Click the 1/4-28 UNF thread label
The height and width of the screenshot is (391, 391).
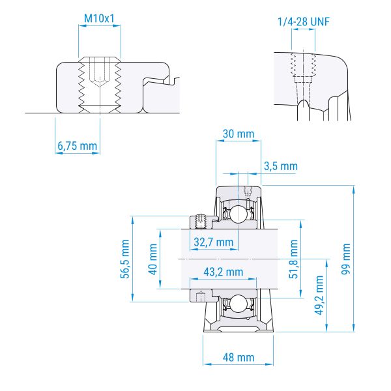(304, 22)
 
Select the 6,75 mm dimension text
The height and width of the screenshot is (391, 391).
(76, 146)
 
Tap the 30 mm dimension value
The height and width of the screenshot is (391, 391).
(237, 134)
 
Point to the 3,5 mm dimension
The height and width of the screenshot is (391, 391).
(280, 167)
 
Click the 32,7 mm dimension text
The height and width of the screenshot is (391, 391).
(214, 242)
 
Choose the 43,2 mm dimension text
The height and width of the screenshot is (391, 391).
(224, 271)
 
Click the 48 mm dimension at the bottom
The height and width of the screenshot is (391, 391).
(239, 357)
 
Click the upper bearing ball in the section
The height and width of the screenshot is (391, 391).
(239, 213)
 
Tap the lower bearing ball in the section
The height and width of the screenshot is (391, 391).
(239, 304)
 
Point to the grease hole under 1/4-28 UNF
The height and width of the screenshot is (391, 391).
(304, 72)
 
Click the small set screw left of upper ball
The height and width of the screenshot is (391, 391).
(201, 220)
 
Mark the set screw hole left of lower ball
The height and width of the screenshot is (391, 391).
(201, 295)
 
